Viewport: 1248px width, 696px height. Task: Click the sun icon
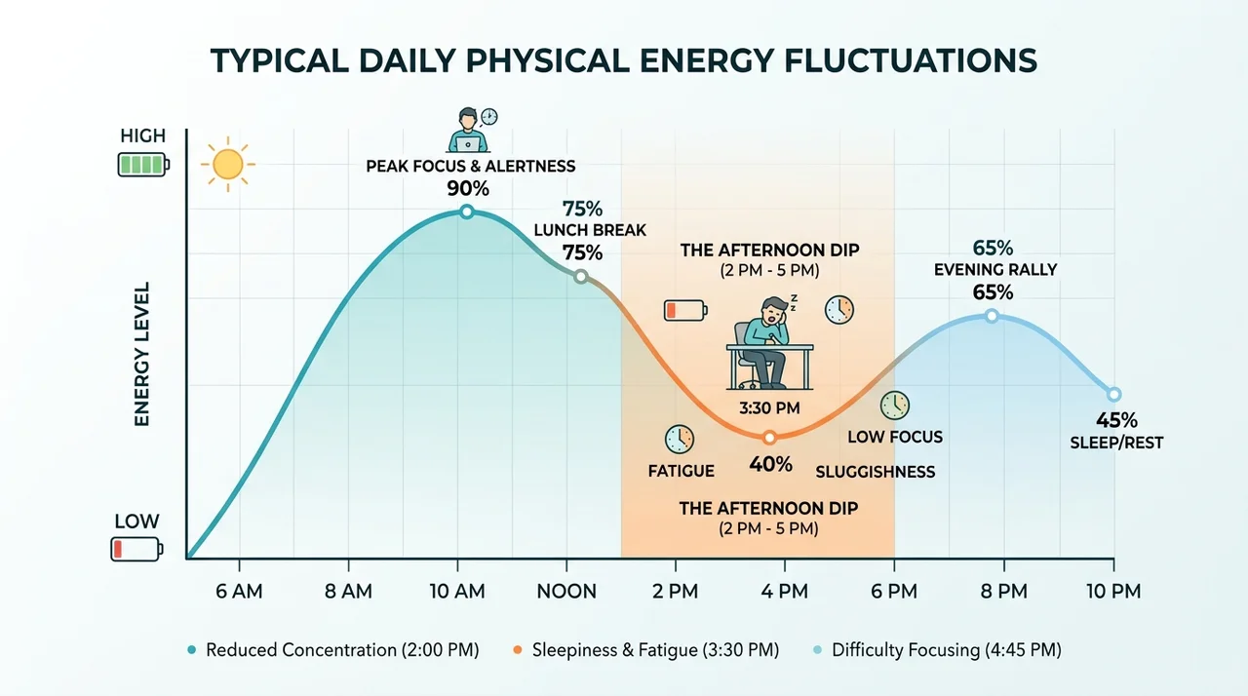pyautogui.click(x=228, y=165)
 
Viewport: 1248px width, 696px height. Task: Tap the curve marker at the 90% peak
pyautogui.click(x=467, y=212)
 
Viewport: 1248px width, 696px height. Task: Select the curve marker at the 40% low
pyautogui.click(x=769, y=438)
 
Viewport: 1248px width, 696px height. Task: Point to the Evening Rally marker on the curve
pyautogui.click(x=992, y=316)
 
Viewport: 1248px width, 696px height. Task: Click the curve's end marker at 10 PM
pyautogui.click(x=1113, y=395)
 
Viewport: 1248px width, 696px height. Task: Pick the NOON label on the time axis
pyautogui.click(x=566, y=592)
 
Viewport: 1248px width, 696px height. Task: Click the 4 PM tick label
pyautogui.click(x=785, y=592)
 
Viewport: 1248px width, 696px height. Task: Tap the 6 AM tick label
pyautogui.click(x=239, y=592)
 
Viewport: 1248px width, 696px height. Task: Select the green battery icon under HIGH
pyautogui.click(x=143, y=165)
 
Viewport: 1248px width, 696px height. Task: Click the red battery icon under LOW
pyautogui.click(x=136, y=550)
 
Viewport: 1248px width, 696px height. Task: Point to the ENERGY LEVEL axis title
pyautogui.click(x=142, y=354)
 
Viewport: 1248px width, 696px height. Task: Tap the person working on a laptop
pyautogui.click(x=469, y=131)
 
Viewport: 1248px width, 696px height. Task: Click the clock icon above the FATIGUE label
pyautogui.click(x=680, y=440)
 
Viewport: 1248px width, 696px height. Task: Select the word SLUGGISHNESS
pyautogui.click(x=876, y=472)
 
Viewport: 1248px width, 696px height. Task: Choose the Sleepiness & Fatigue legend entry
pyautogui.click(x=646, y=650)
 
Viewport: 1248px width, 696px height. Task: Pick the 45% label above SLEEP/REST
pyautogui.click(x=1116, y=420)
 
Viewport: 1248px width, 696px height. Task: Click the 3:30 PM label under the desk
pyautogui.click(x=769, y=408)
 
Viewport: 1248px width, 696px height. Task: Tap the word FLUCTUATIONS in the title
pyautogui.click(x=911, y=60)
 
